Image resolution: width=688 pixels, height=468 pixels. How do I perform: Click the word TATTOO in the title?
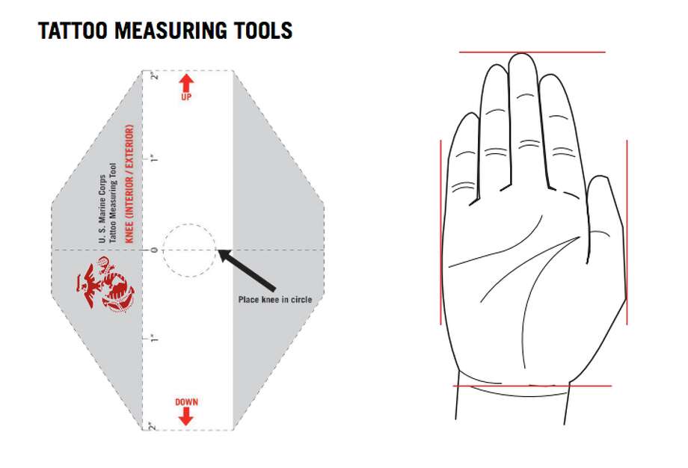[x=73, y=31]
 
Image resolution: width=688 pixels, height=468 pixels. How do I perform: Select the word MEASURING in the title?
[x=171, y=31]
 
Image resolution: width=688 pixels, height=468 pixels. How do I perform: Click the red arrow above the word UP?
[x=186, y=82]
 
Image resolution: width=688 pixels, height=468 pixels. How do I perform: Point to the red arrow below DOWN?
[x=186, y=416]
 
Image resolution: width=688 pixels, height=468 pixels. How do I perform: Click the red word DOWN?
[x=186, y=401]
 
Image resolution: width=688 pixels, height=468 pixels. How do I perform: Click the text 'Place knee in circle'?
[x=275, y=300]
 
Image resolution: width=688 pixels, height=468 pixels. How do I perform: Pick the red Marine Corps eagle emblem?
[x=105, y=284]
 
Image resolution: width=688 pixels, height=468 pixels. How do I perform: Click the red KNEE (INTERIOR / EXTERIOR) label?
[x=129, y=184]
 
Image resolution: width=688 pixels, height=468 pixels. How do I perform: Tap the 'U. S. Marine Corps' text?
[x=102, y=209]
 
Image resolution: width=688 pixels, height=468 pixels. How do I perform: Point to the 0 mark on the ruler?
[x=154, y=250]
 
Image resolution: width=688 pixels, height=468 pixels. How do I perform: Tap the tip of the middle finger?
[x=522, y=54]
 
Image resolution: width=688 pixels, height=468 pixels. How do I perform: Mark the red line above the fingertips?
[x=532, y=52]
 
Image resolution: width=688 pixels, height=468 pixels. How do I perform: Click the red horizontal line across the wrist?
[x=532, y=386]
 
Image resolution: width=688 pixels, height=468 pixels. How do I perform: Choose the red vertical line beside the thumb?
[x=627, y=233]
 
